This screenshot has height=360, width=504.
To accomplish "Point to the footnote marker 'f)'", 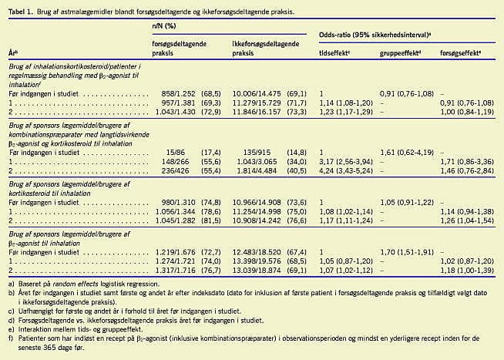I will pyautogui.click(x=11, y=336).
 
